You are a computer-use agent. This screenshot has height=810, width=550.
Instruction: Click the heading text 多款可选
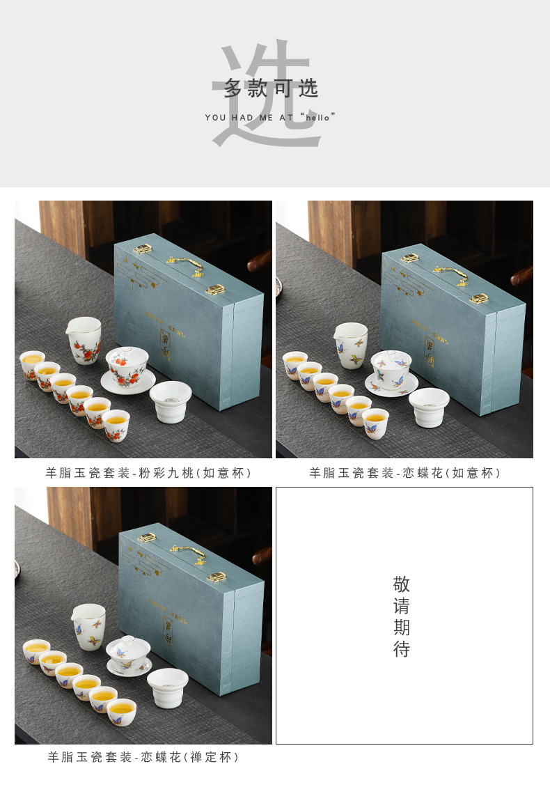click(x=271, y=88)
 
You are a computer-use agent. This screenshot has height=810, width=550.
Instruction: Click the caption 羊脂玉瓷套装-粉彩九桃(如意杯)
click(x=148, y=474)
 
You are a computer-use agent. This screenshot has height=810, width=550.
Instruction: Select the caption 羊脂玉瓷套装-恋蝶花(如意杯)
click(x=405, y=474)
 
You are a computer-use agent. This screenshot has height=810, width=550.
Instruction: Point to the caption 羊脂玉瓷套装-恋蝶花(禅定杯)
click(x=143, y=757)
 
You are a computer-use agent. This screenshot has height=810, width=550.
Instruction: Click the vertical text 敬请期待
click(x=402, y=617)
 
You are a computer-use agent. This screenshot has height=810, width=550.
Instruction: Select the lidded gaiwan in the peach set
click(x=127, y=366)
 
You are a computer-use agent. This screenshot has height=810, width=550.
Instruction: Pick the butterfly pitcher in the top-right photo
click(x=351, y=345)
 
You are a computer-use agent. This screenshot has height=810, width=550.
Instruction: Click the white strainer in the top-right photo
click(x=428, y=406)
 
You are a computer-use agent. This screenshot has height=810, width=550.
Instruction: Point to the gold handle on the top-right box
click(x=450, y=272)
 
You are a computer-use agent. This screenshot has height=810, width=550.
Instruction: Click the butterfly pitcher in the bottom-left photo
click(x=90, y=626)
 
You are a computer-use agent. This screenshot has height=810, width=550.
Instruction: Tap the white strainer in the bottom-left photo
click(x=168, y=687)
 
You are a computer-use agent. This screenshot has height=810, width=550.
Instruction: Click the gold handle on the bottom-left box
click(x=188, y=553)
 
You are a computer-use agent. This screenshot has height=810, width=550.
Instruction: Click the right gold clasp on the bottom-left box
click(x=218, y=577)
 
